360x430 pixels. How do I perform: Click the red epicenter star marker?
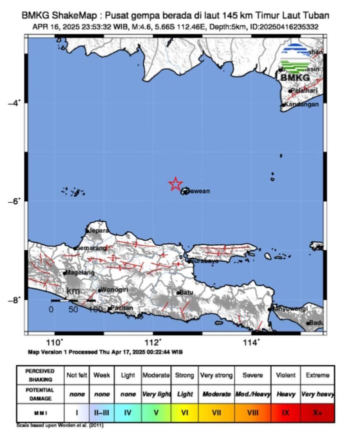[x=175, y=184]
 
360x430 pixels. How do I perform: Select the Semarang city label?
[x=91, y=248]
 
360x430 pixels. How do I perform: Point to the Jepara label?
[x=98, y=231]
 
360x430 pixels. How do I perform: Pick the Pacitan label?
[x=122, y=308]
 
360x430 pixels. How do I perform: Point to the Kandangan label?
[x=301, y=105]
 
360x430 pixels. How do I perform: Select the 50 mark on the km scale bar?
[x=73, y=309]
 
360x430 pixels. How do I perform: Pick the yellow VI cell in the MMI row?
[x=184, y=412]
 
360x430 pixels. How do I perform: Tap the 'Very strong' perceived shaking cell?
[x=216, y=375]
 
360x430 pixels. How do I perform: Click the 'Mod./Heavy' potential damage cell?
[x=252, y=394]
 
